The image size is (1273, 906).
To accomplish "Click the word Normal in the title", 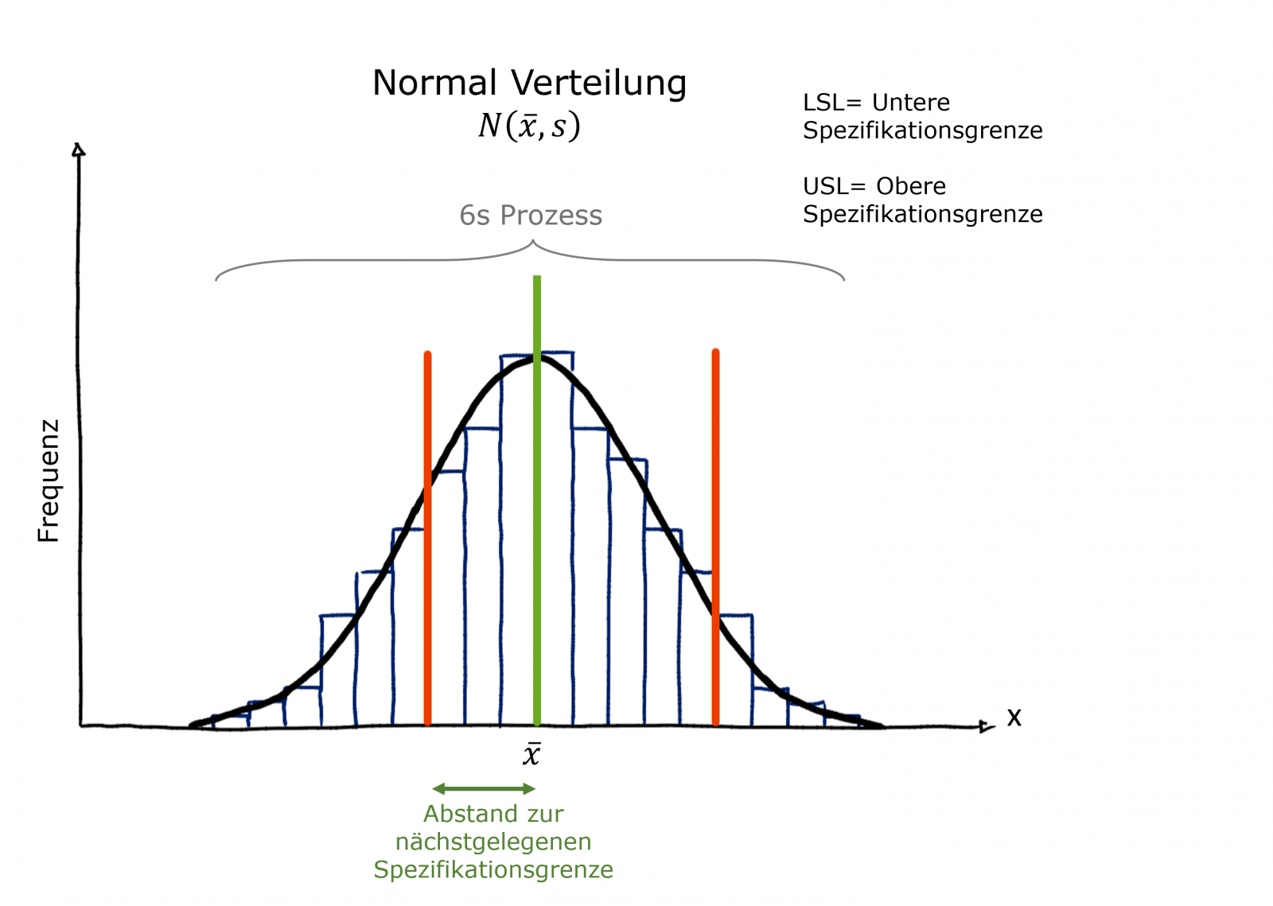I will pyautogui.click(x=434, y=83).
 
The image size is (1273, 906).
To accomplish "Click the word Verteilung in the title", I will pyautogui.click(x=598, y=83).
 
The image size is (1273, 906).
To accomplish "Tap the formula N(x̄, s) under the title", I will pyautogui.click(x=529, y=126).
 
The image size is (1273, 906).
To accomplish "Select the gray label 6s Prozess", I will pyautogui.click(x=531, y=216).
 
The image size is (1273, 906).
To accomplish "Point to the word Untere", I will pyautogui.click(x=911, y=103).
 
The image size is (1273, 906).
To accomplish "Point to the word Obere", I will pyautogui.click(x=911, y=186).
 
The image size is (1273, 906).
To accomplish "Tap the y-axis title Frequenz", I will pyautogui.click(x=49, y=481).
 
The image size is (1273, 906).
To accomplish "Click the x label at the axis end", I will pyautogui.click(x=1014, y=717).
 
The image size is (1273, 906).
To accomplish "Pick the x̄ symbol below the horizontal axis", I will pyautogui.click(x=531, y=754).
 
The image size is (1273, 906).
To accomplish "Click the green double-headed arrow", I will pyautogui.click(x=484, y=789).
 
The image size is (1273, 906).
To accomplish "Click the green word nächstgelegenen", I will pyautogui.click(x=493, y=842).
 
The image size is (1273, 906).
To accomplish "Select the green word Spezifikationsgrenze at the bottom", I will pyautogui.click(x=493, y=869).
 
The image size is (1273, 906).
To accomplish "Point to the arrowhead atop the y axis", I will pyautogui.click(x=78, y=150).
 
